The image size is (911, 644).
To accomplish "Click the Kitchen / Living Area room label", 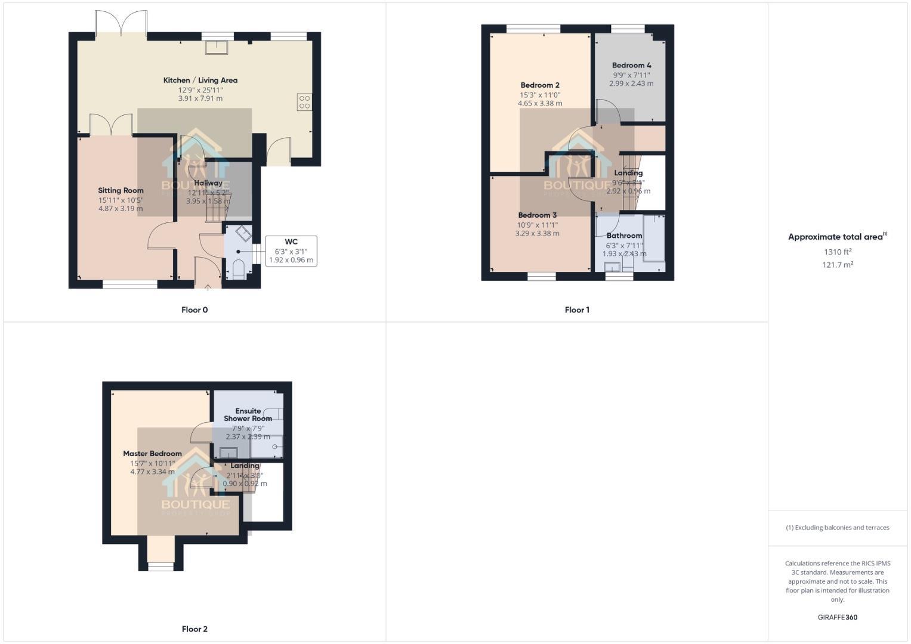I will (x=200, y=80).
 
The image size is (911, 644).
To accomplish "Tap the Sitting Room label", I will (x=121, y=191).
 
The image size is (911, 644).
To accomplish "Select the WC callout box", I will (x=291, y=251).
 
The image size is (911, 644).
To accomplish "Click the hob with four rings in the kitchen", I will (x=304, y=102).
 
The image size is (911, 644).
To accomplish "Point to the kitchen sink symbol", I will (x=217, y=47).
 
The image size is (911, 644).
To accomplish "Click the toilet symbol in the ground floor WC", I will (x=238, y=269).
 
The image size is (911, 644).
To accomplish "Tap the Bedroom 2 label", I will (x=540, y=85).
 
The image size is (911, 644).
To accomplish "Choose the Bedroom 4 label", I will (x=631, y=66).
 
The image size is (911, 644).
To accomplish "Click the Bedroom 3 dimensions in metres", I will (x=538, y=234).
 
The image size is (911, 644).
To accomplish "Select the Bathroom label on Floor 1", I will (x=624, y=236).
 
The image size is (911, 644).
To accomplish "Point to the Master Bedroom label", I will (x=152, y=454).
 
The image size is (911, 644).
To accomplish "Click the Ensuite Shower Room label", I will (x=248, y=414).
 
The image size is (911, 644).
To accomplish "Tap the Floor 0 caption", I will (x=194, y=310).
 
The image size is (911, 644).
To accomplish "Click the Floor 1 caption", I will (x=577, y=310).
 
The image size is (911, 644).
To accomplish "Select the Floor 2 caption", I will (x=194, y=629).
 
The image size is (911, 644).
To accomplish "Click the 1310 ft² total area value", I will (x=838, y=252).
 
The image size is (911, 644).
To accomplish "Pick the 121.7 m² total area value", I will (x=838, y=265).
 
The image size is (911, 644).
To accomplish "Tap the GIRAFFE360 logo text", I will (x=838, y=617).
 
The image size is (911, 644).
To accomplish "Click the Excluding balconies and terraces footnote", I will (x=838, y=528).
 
